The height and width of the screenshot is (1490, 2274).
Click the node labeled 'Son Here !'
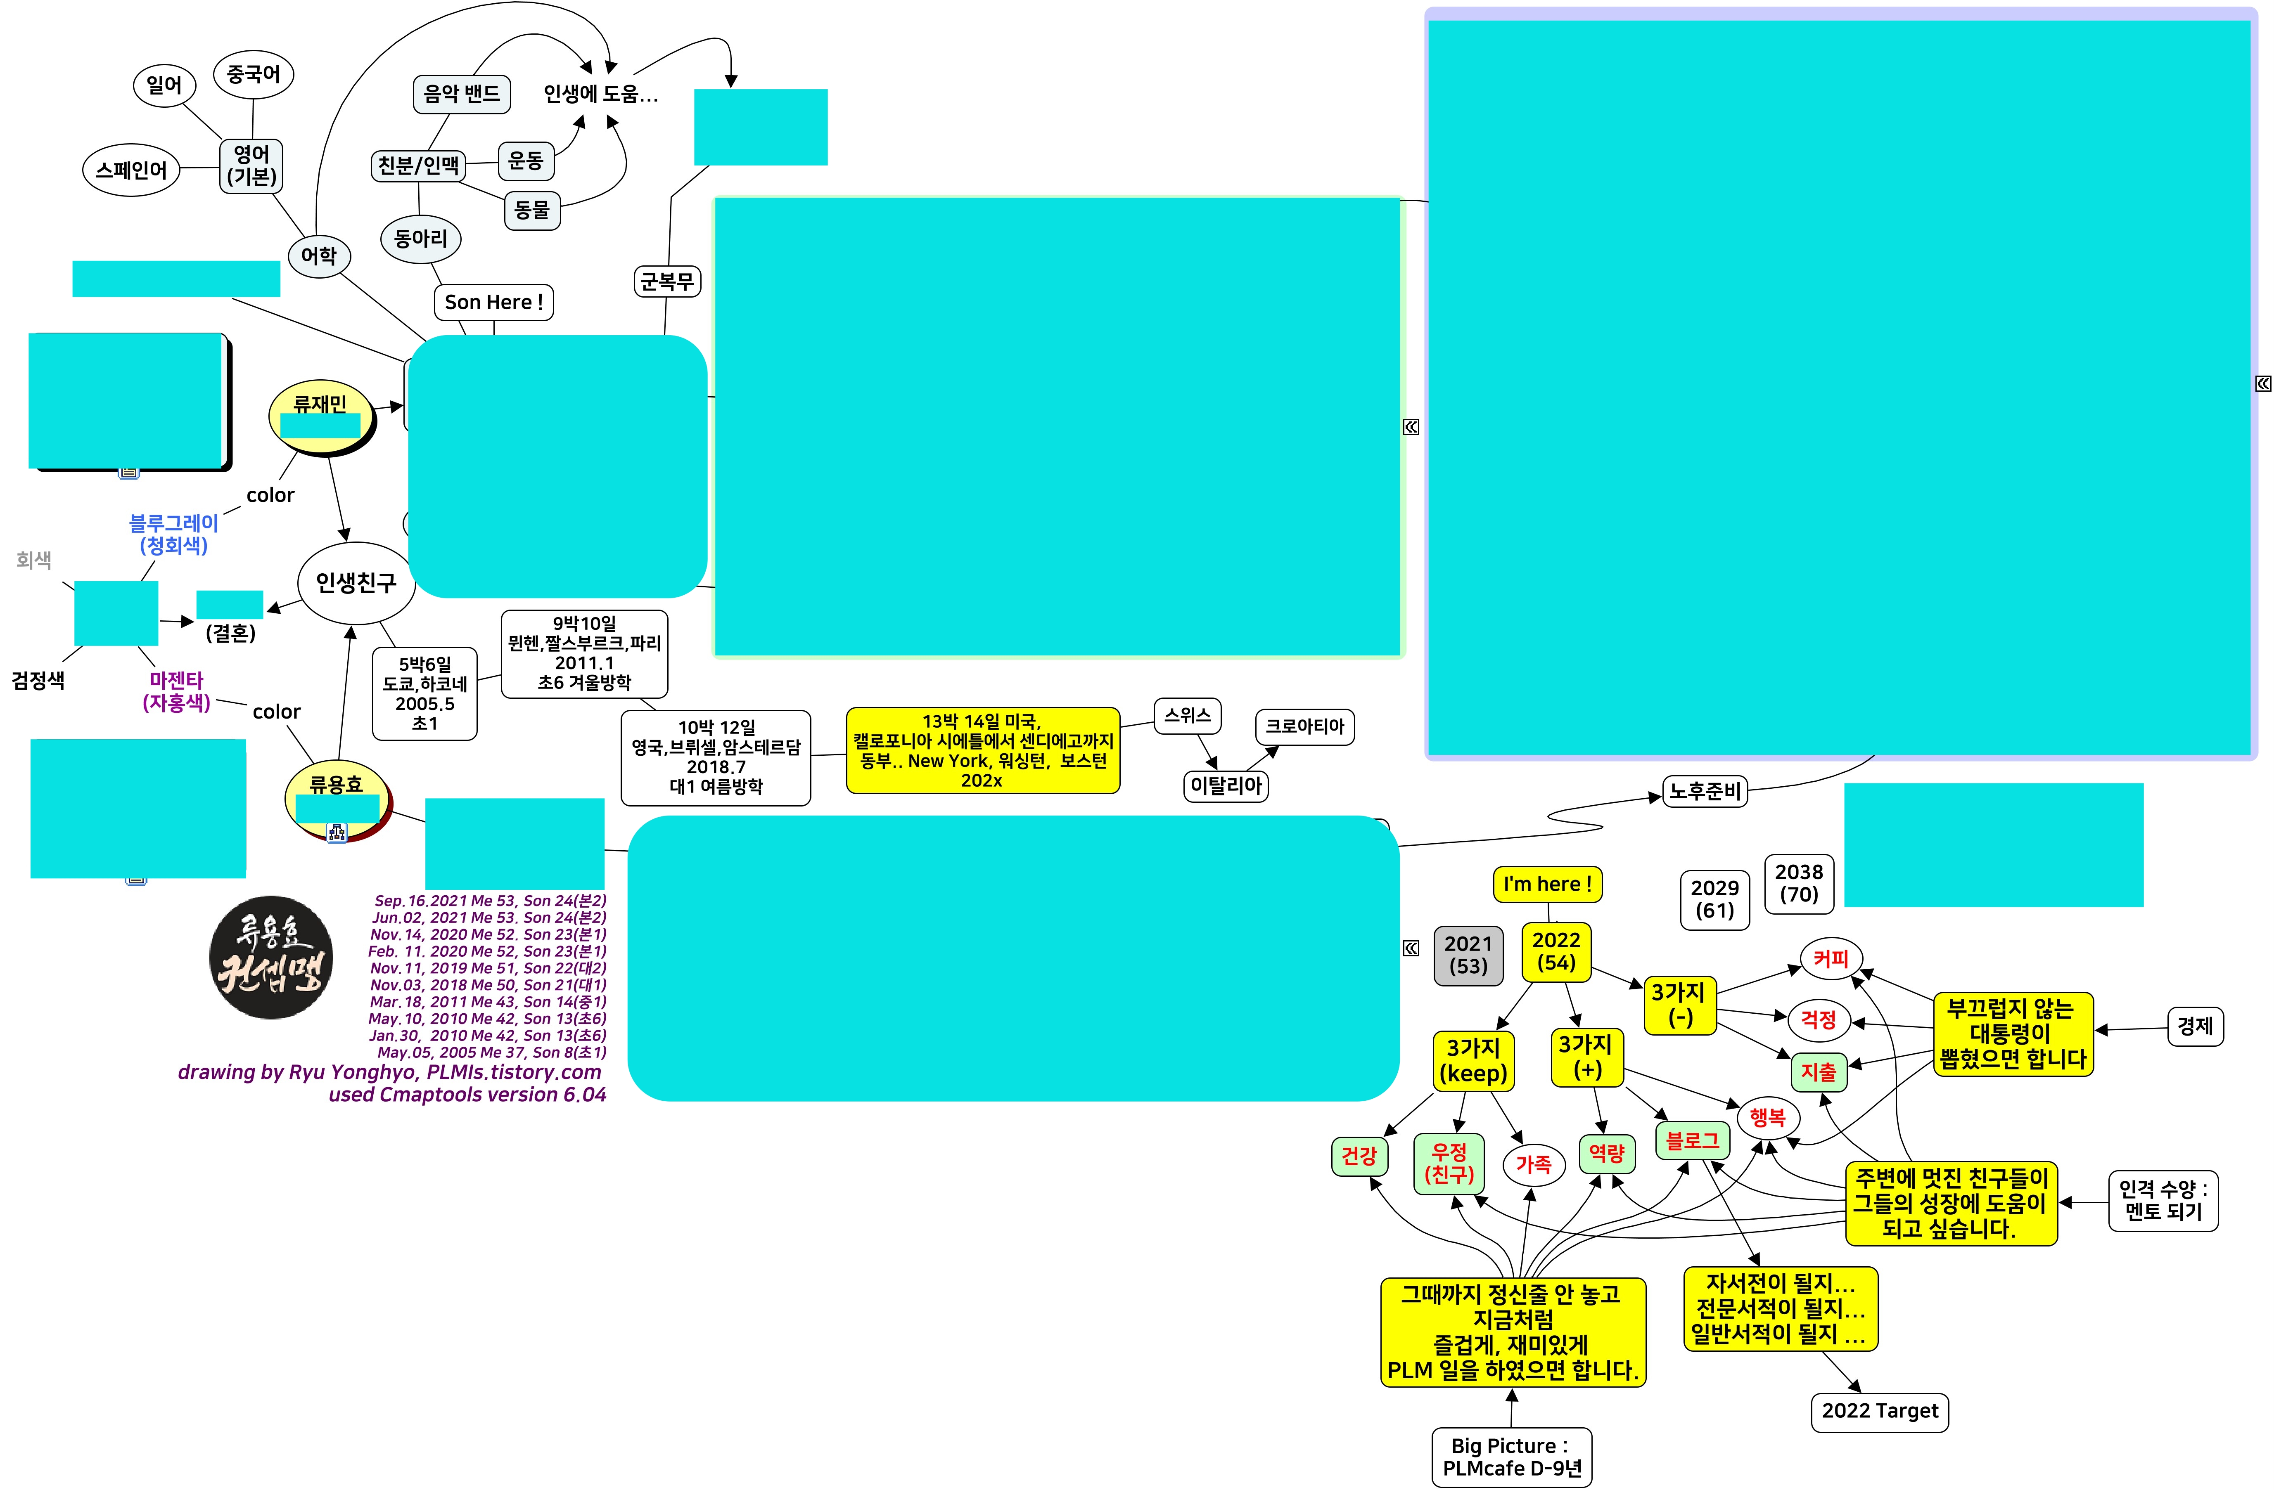pyautogui.click(x=493, y=302)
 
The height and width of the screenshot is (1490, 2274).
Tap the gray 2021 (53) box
pyautogui.click(x=1468, y=954)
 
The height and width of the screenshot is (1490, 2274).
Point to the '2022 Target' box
pyautogui.click(x=1879, y=1411)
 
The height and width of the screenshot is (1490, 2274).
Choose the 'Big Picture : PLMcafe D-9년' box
pyautogui.click(x=1512, y=1457)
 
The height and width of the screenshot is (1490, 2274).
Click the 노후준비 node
pyautogui.click(x=1705, y=791)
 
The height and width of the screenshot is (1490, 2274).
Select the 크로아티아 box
pyautogui.click(x=1304, y=726)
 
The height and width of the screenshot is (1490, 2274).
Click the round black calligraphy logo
pyautogui.click(x=271, y=957)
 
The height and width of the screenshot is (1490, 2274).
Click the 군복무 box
pyautogui.click(x=667, y=281)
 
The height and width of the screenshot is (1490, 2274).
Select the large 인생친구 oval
pyautogui.click(x=356, y=583)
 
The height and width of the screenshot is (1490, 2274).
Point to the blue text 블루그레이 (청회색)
pyautogui.click(x=174, y=534)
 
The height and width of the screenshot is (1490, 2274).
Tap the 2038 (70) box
pyautogui.click(x=1798, y=884)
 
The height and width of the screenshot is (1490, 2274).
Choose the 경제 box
pyautogui.click(x=2195, y=1027)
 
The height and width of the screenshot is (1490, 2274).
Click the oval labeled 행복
pyautogui.click(x=1767, y=1118)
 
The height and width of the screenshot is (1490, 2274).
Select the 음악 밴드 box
pyautogui.click(x=462, y=94)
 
